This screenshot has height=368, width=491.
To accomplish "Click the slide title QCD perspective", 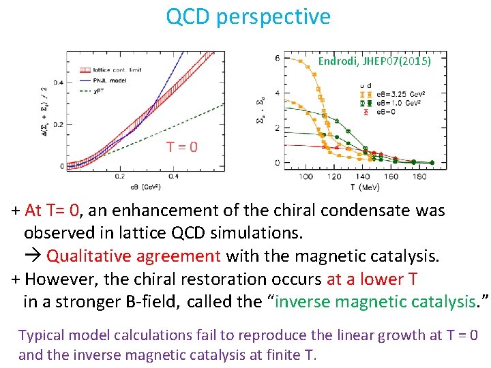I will click(248, 17).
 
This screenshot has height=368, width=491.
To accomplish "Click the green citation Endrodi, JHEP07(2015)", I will click(374, 61).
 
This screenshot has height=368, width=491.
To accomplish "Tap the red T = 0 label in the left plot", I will click(183, 147).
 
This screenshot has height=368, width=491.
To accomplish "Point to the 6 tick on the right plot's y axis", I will click(277, 58).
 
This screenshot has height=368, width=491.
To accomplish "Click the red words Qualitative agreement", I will click(134, 256).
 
